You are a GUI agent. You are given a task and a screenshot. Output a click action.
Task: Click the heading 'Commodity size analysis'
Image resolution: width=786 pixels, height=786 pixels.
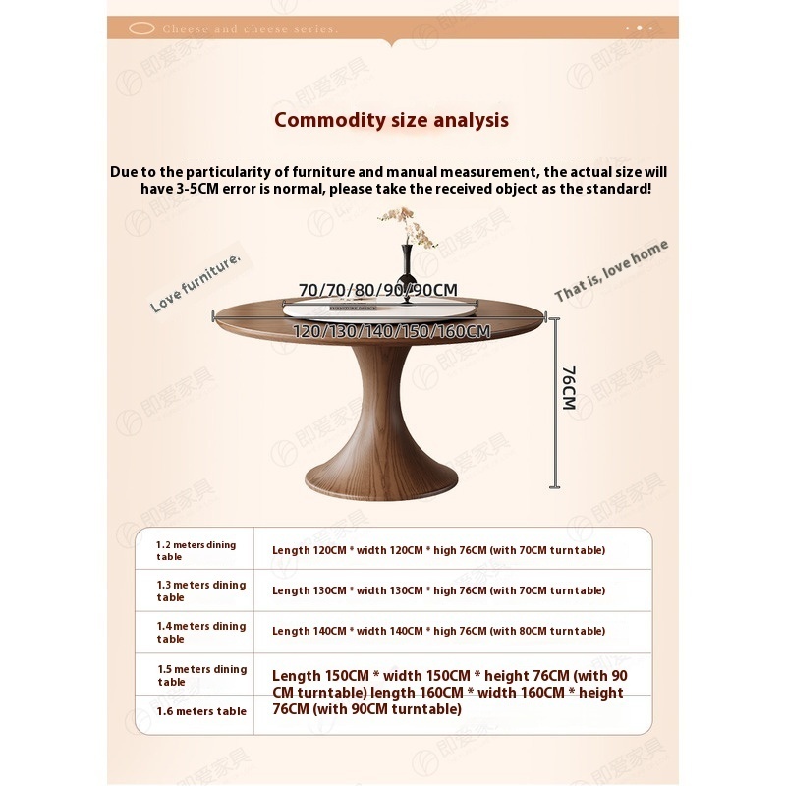pyautogui.click(x=391, y=120)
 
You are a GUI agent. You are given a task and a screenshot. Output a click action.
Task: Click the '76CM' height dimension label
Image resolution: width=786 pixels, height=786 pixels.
pyautogui.click(x=568, y=388)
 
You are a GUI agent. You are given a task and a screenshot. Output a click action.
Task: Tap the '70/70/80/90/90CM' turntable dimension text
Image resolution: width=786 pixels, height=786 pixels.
pyautogui.click(x=378, y=289)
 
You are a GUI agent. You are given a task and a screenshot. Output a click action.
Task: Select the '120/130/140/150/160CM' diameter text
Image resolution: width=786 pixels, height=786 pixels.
pyautogui.click(x=391, y=331)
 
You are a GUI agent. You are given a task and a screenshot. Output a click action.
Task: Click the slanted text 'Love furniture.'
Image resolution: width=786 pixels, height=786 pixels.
pyautogui.click(x=196, y=284)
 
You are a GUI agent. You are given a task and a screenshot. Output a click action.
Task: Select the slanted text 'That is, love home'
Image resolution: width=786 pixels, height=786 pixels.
pyautogui.click(x=611, y=270)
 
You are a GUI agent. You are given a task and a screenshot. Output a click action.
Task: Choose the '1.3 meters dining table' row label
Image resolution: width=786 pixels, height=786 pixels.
pyautogui.click(x=201, y=590)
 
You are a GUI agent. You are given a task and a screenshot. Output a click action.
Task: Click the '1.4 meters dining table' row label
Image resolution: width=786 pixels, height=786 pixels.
pyautogui.click(x=201, y=632)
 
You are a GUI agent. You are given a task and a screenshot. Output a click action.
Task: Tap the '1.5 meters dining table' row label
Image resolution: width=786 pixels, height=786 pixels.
pyautogui.click(x=201, y=675)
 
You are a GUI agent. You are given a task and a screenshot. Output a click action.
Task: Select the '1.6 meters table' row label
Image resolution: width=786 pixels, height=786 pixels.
pyautogui.click(x=201, y=711)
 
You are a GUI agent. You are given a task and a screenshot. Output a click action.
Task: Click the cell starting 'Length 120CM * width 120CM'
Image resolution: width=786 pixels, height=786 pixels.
pyautogui.click(x=438, y=550)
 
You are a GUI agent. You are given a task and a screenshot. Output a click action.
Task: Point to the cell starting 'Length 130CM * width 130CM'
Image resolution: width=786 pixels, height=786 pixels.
pyautogui.click(x=438, y=590)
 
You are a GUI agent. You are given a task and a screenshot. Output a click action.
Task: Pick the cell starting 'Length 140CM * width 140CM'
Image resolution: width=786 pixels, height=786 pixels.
pyautogui.click(x=438, y=631)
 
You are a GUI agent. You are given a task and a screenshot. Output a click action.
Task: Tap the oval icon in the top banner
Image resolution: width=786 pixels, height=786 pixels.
pyautogui.click(x=138, y=29)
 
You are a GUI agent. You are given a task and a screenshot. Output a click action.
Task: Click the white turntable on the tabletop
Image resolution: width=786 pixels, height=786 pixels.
pyautogui.click(x=383, y=308)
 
